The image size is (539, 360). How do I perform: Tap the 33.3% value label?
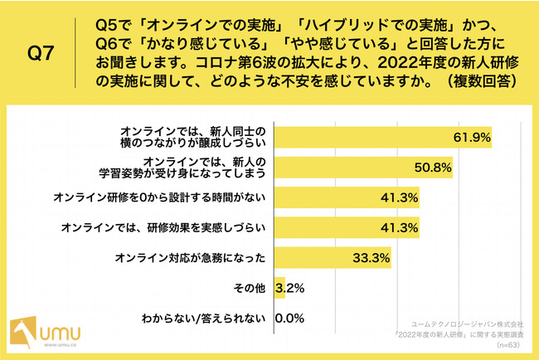tap(371, 257)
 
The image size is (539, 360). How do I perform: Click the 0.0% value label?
tap(290, 318)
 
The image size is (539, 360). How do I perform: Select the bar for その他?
tap(279, 288)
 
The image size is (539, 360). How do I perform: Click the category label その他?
tap(250, 288)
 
